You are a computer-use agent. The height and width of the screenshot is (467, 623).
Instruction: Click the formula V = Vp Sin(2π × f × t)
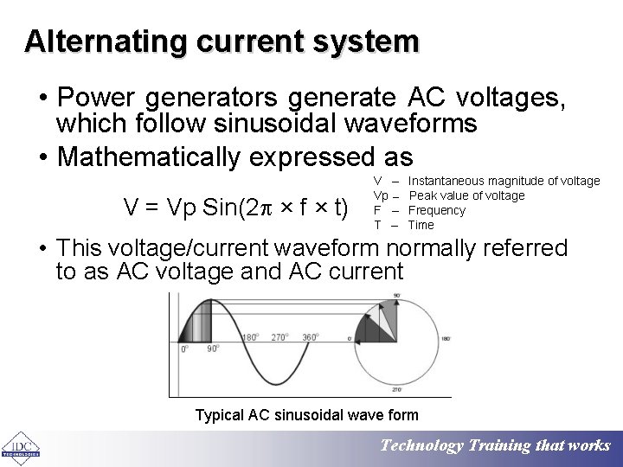pos(235,208)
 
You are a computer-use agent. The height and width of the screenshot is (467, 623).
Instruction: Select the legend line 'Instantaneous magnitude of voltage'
pos(504,181)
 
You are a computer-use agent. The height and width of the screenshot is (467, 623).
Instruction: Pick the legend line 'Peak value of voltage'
pos(466,195)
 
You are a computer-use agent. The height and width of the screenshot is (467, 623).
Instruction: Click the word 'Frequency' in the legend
pos(436,210)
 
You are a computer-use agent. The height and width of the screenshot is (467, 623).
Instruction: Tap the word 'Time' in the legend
pos(421,225)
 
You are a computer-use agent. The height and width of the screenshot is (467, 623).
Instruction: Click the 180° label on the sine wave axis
pos(251,337)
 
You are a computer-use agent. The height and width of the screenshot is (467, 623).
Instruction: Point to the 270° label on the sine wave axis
pos(279,337)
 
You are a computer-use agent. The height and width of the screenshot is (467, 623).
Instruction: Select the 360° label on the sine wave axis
pos(310,337)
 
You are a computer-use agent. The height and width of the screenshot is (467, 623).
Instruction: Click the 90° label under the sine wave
pos(212,349)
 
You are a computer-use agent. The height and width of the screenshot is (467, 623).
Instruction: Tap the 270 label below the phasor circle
pos(396,390)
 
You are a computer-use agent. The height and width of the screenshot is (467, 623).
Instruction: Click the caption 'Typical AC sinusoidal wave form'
pos(306,415)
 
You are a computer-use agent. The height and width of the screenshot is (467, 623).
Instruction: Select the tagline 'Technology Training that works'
pos(496,445)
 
